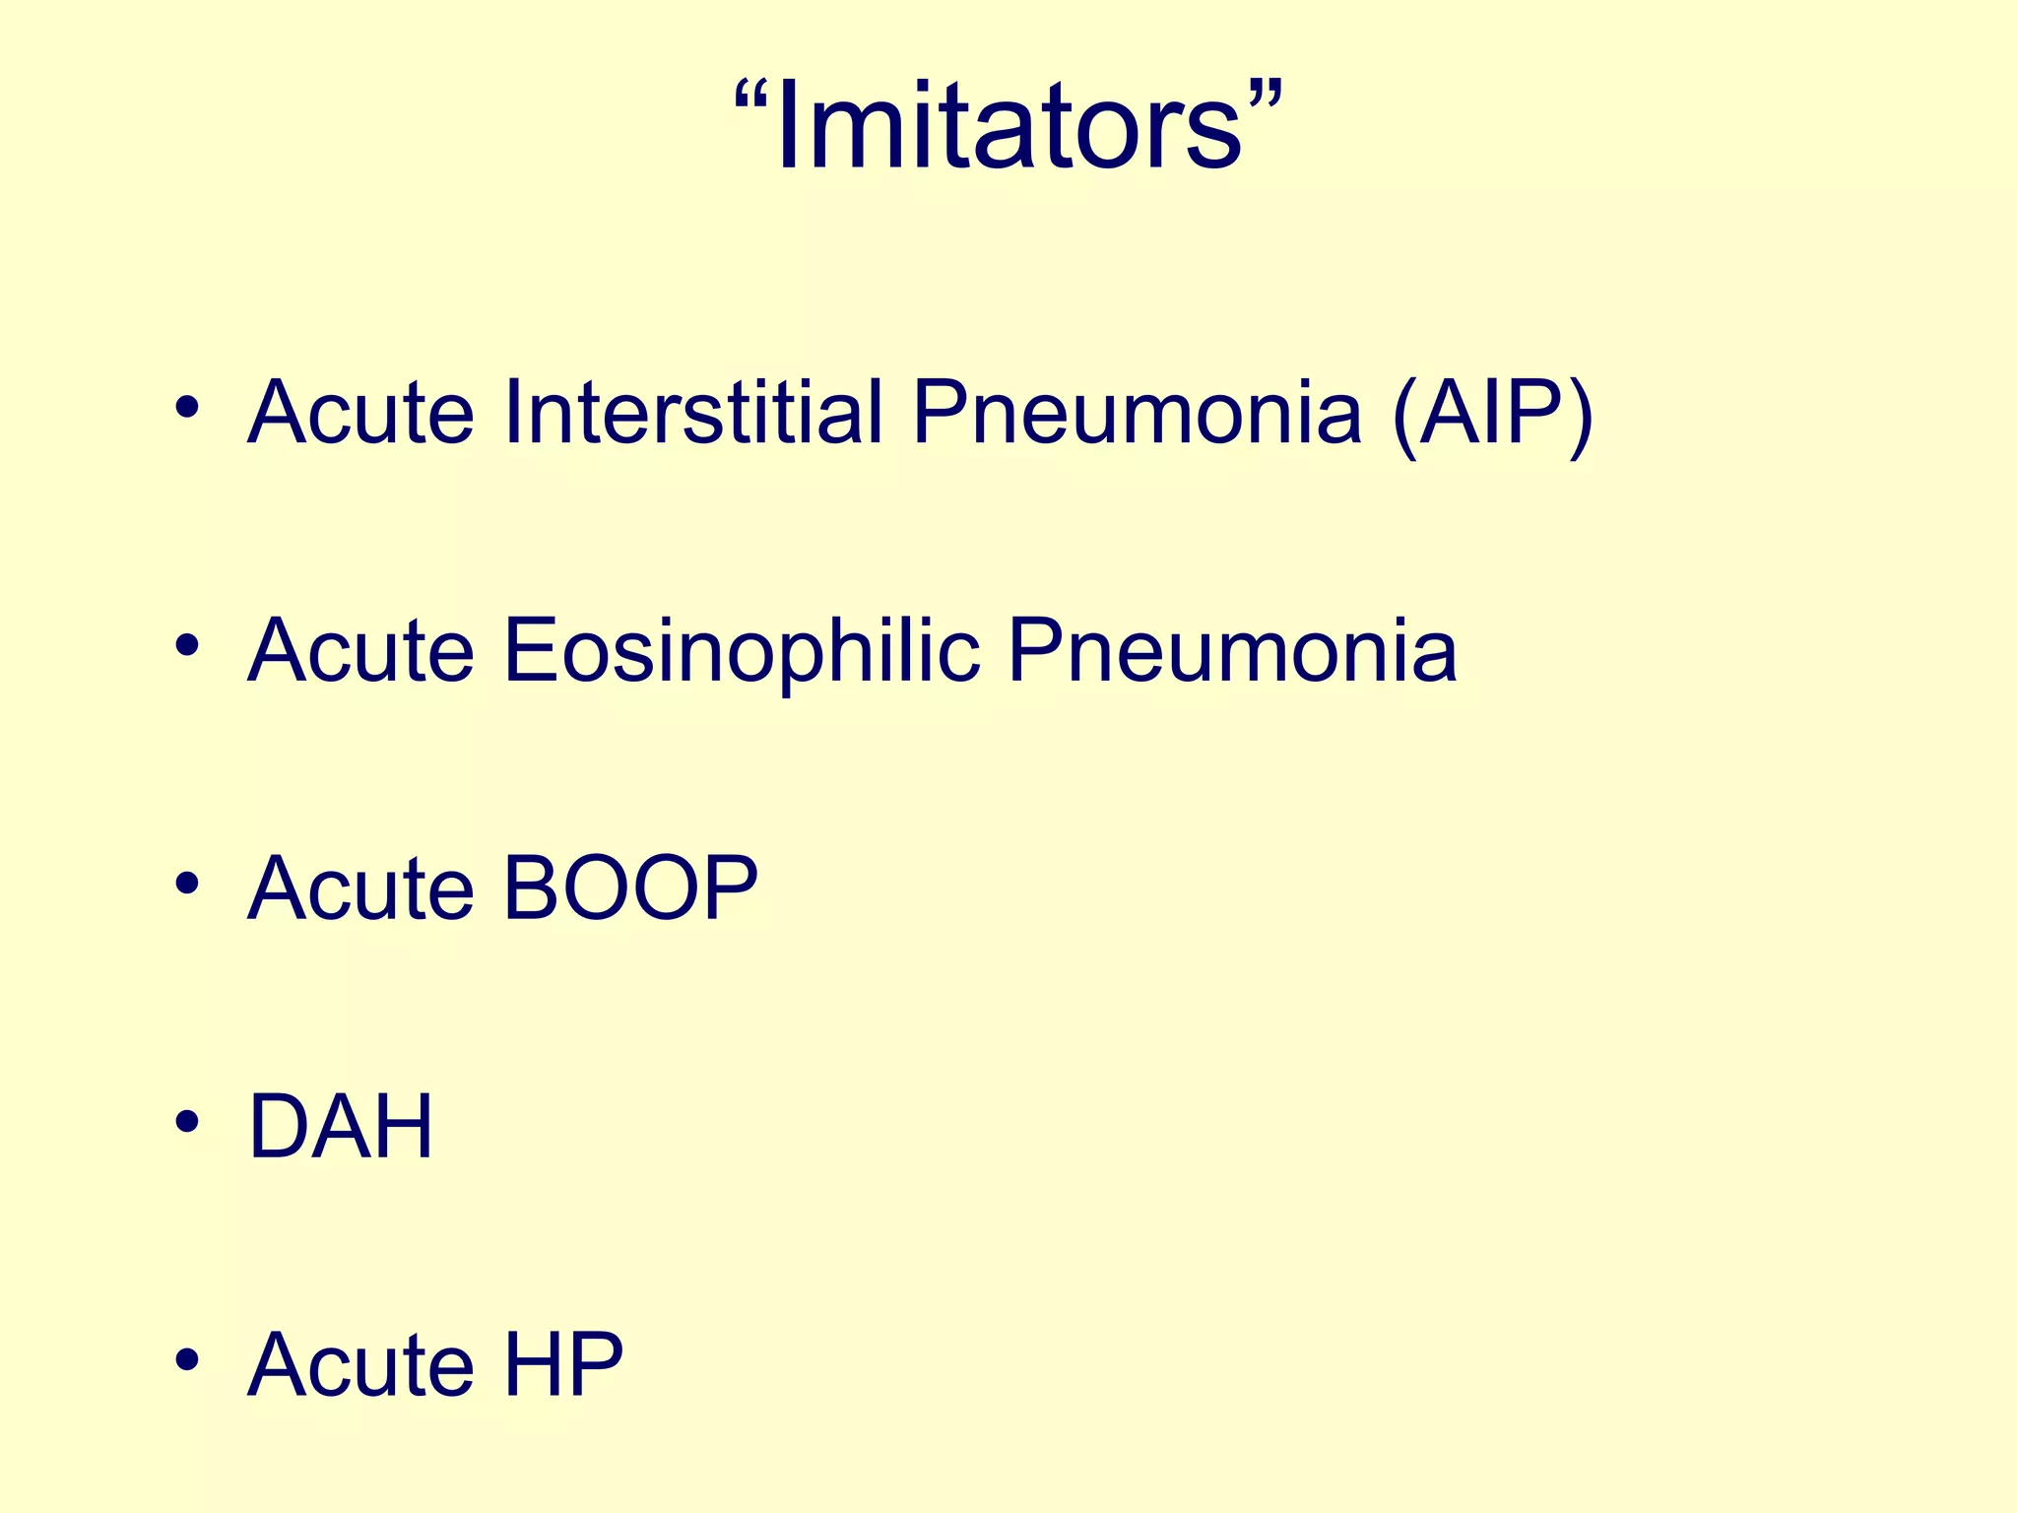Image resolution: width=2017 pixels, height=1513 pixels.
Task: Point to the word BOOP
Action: (x=630, y=888)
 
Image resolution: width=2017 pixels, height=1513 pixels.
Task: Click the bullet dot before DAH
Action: (x=186, y=1122)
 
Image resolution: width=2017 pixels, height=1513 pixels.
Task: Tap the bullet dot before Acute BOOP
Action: (x=186, y=884)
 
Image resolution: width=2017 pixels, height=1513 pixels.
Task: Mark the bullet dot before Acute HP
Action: (x=186, y=1360)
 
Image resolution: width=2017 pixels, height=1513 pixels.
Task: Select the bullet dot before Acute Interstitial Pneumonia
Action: (x=186, y=407)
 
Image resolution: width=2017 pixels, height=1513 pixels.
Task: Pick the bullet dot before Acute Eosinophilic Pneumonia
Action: (x=186, y=646)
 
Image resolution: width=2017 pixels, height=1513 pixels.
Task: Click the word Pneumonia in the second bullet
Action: (x=1232, y=650)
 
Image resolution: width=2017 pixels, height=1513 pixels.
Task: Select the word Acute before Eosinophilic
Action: (x=360, y=650)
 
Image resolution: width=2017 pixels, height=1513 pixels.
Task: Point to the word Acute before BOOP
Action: (x=360, y=888)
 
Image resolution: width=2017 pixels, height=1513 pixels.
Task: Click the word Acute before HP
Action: (x=360, y=1364)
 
